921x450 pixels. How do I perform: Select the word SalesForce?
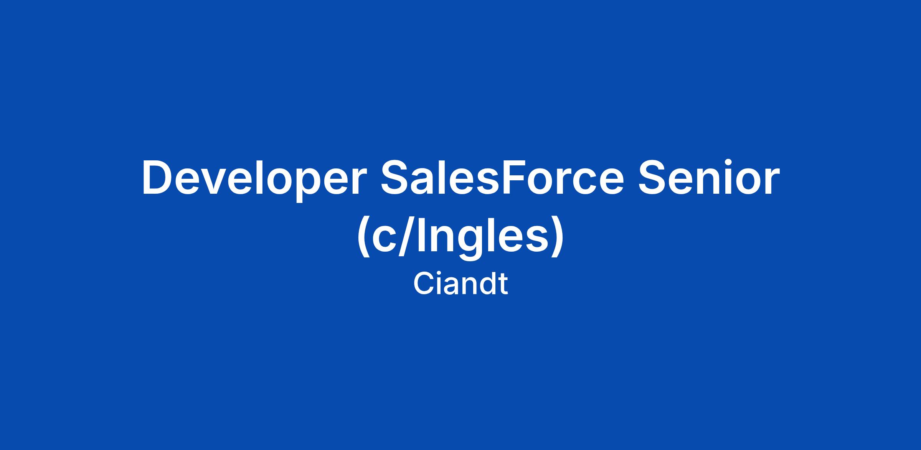coord(502,177)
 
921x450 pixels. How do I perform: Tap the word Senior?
coord(709,177)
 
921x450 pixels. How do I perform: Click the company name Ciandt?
coord(460,284)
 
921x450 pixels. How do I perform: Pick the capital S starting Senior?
coord(654,177)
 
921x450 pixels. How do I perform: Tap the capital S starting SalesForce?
coord(396,177)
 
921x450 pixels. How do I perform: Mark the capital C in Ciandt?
coord(423,284)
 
